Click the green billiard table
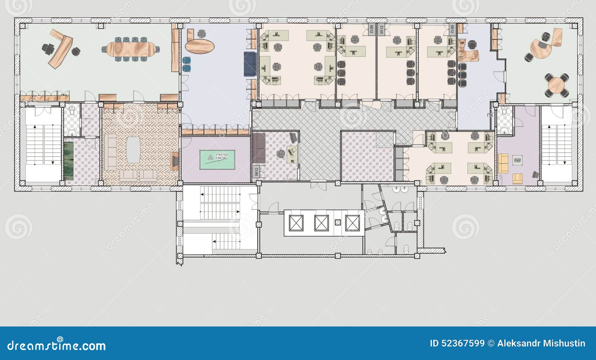click(x=217, y=160)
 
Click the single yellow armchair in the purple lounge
click(x=518, y=179)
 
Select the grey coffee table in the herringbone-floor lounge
click(x=133, y=150)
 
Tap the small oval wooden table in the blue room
click(x=200, y=47)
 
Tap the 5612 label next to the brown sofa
click(x=256, y=171)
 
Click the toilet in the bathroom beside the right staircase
click(x=504, y=111)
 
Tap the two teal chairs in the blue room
click(x=187, y=64)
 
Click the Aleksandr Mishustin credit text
click(x=541, y=343)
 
